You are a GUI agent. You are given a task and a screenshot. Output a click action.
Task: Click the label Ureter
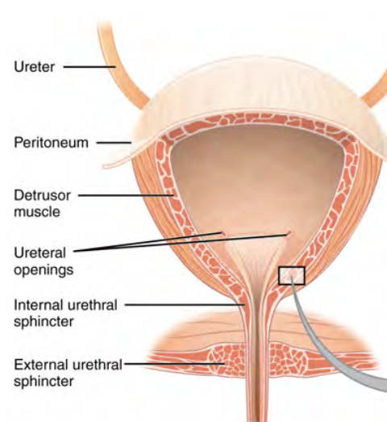coord(34,67)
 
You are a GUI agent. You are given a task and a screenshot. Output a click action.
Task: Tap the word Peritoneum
coord(51,142)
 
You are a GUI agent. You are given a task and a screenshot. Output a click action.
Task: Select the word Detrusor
coord(42,195)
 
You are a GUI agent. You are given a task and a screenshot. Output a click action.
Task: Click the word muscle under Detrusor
coord(37,211)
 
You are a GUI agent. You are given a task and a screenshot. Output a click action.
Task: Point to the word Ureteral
coord(40,253)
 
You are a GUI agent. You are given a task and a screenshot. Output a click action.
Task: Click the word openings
coord(44,270)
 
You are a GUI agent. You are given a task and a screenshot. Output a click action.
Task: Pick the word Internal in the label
coord(39,305)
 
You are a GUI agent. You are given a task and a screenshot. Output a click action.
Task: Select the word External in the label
coord(41,365)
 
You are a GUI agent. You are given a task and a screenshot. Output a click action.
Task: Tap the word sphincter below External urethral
coord(44,382)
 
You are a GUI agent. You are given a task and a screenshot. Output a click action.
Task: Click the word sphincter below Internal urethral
coord(44,322)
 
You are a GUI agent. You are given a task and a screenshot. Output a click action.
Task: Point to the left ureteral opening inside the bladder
coord(223,234)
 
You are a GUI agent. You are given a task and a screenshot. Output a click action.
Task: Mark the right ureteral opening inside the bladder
coord(289,233)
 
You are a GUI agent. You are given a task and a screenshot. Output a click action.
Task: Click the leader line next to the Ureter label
coord(89,67)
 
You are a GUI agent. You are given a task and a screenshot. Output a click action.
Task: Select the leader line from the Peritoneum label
coord(114,143)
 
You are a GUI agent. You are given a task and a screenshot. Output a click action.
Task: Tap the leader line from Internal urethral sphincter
coord(185,305)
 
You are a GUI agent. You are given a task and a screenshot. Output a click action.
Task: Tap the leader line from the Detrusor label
coord(126,195)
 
